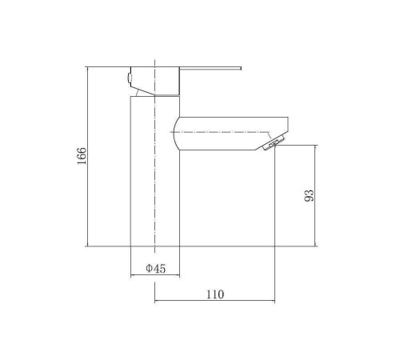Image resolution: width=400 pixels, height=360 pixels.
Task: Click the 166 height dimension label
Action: point(82,156)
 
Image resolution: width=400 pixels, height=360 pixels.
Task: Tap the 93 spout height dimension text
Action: point(310,195)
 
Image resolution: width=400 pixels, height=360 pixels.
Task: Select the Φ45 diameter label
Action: point(156,268)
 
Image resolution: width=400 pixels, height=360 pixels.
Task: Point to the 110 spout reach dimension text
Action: point(215,294)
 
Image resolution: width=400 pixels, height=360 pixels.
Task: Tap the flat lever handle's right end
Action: point(241,68)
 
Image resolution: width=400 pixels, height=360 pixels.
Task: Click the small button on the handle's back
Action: point(130,78)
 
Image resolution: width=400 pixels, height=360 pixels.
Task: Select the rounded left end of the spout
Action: point(175,134)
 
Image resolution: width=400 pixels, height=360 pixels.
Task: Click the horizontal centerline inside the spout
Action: point(219,132)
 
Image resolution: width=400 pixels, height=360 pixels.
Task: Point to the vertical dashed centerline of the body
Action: point(155,157)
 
